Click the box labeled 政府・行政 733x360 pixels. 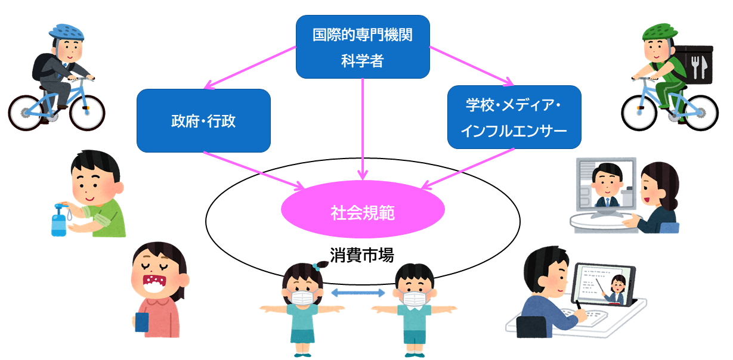tap(203, 120)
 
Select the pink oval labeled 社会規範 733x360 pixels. tap(363, 212)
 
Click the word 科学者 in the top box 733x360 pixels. tap(363, 60)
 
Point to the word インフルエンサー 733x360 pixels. tap(514, 131)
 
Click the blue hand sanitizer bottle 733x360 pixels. tap(59, 221)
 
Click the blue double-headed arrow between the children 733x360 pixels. tap(358, 292)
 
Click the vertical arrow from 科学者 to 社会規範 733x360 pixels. tap(363, 128)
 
